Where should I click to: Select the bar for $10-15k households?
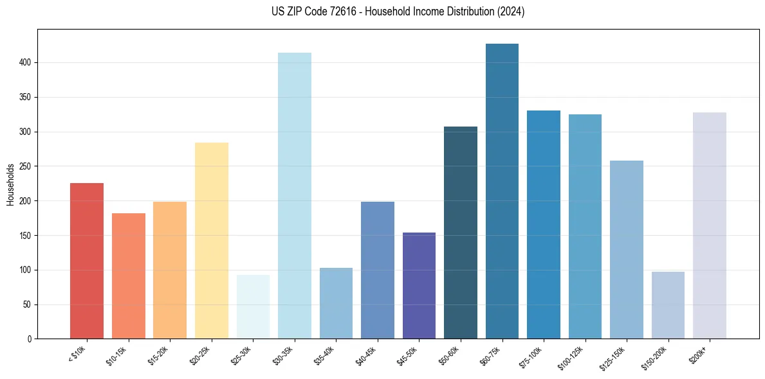[129, 276]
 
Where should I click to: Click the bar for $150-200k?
[668, 305]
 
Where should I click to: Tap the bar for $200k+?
[710, 225]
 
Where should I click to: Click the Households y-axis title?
[11, 184]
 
